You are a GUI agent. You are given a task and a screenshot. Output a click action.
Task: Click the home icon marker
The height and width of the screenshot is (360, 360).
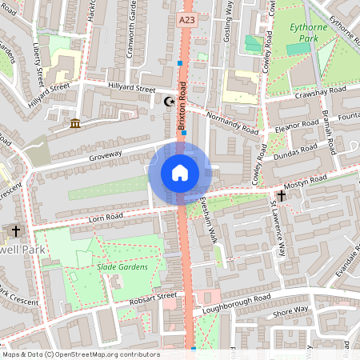[180, 172]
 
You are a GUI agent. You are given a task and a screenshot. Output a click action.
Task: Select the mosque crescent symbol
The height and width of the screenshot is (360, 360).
[168, 102]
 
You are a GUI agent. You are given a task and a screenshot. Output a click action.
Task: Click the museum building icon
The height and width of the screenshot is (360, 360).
[75, 123]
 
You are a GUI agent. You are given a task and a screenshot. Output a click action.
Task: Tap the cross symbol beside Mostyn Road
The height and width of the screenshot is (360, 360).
[281, 195]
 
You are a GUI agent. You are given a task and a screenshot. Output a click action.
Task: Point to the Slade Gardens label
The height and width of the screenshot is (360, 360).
[122, 266]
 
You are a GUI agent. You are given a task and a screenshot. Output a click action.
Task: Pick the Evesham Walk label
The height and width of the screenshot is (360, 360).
[209, 220]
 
